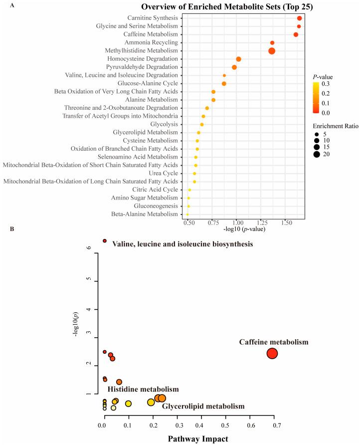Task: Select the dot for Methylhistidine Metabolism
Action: tap(272, 51)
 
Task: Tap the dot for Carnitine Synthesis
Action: tap(299, 18)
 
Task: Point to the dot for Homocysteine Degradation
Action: tap(238, 59)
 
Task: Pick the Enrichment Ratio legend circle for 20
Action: tap(316, 154)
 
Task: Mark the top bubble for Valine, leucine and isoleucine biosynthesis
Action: tap(105, 241)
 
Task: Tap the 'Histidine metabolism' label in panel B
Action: tap(143, 389)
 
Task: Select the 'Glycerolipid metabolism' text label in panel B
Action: tap(203, 407)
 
